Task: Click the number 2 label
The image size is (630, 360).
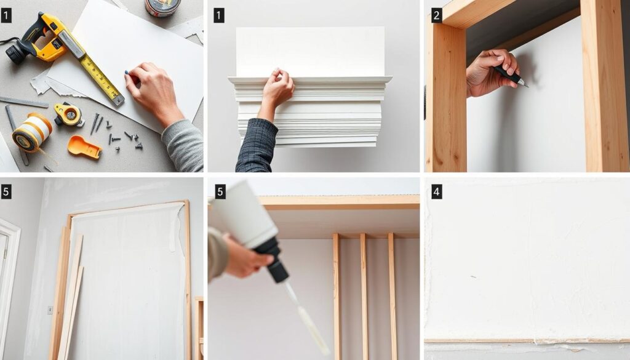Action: click(x=436, y=16)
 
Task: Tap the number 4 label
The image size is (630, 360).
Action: click(x=436, y=192)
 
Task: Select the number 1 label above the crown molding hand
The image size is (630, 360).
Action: click(x=218, y=16)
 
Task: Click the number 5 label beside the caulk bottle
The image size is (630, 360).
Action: click(x=220, y=192)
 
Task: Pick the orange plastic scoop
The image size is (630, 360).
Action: click(x=84, y=147)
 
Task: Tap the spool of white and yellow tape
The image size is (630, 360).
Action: click(x=32, y=132)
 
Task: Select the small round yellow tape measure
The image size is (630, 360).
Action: click(x=69, y=114)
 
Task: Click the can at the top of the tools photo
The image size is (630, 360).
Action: click(x=162, y=7)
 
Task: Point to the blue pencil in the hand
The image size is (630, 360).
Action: click(x=130, y=75)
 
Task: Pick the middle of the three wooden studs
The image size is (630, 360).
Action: click(x=364, y=297)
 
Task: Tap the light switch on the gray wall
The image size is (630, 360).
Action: click(x=50, y=310)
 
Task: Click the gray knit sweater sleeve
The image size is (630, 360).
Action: click(x=183, y=145)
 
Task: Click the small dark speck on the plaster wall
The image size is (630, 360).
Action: click(x=473, y=277)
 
